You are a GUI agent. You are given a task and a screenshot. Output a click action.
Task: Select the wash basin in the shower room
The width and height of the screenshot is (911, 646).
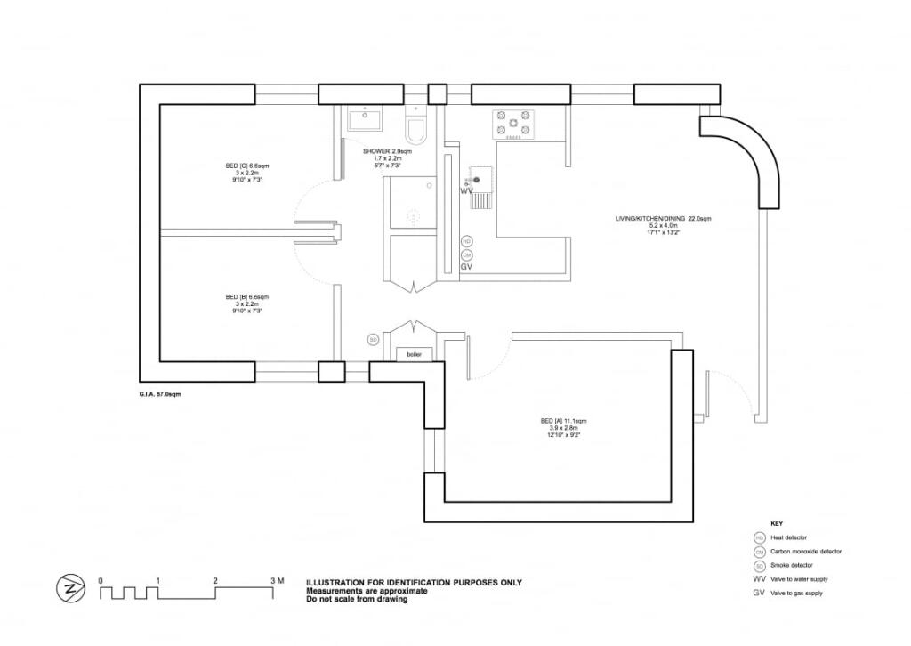pyautogui.click(x=364, y=118)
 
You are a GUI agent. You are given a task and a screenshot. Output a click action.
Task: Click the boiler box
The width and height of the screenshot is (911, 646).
pyautogui.click(x=414, y=354)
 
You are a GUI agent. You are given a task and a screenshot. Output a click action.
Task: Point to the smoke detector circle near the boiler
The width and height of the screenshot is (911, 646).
pyautogui.click(x=374, y=339)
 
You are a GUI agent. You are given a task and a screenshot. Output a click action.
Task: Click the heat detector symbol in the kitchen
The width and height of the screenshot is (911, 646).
pyautogui.click(x=466, y=241)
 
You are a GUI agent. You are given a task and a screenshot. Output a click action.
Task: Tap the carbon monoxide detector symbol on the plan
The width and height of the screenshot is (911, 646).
pyautogui.click(x=466, y=254)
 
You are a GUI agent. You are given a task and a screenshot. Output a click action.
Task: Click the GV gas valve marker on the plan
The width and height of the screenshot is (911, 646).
pyautogui.click(x=466, y=266)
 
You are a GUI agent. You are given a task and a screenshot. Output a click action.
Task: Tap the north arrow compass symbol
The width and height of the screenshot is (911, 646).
pyautogui.click(x=69, y=588)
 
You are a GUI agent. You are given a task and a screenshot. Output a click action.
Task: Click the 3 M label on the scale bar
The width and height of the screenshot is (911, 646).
pyautogui.click(x=277, y=581)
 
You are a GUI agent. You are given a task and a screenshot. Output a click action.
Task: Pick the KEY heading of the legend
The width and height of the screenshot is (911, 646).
pyautogui.click(x=777, y=523)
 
